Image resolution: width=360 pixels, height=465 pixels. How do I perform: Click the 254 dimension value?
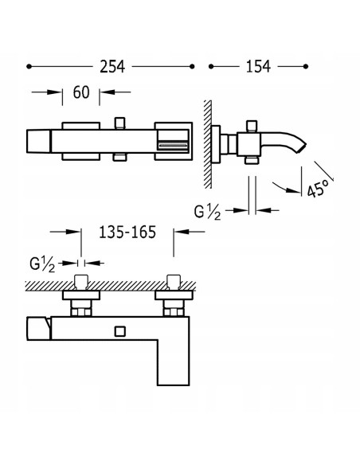click(x=112, y=66)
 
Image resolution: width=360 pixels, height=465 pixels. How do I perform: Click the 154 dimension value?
click(x=258, y=66)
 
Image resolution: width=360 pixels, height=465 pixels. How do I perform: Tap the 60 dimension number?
click(x=81, y=92)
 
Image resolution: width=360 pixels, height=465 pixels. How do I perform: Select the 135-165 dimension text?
click(x=127, y=232)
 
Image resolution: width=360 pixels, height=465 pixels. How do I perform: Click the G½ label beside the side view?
click(x=207, y=213)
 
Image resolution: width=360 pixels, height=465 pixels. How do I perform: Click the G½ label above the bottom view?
click(x=42, y=264)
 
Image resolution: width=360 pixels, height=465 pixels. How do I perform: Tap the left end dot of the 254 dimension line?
click(x=29, y=66)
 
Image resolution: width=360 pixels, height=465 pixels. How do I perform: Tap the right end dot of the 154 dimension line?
click(x=306, y=66)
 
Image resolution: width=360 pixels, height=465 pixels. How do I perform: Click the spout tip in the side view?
click(x=303, y=148)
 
